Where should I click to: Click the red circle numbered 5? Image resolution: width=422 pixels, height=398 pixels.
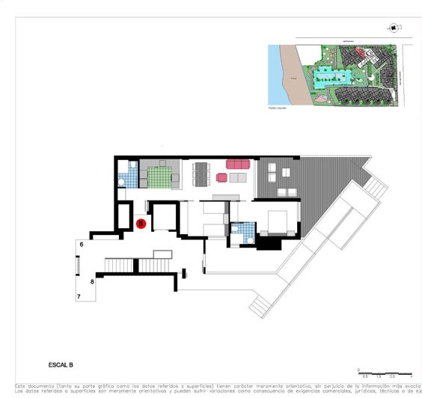(x=141, y=223)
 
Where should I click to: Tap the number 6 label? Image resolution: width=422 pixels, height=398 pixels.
(x=82, y=245)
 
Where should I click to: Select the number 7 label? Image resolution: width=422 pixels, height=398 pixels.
(x=79, y=297)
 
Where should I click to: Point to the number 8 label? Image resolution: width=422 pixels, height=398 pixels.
(x=92, y=282)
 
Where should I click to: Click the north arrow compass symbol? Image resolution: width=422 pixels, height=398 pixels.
(x=393, y=28)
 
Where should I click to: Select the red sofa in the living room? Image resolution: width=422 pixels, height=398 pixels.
(x=237, y=163)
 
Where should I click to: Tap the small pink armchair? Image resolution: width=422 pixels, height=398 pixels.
(x=221, y=177)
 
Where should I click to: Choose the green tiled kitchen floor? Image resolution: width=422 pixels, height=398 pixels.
(x=159, y=177)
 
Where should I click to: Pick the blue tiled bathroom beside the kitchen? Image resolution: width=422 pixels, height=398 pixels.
(x=130, y=177)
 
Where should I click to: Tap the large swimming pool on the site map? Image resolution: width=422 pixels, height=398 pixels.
(x=329, y=76)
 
